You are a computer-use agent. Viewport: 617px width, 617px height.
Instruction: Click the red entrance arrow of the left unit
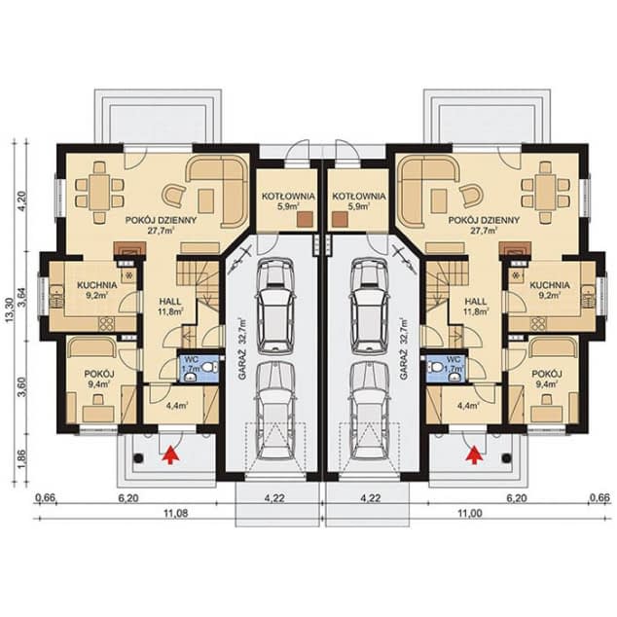[x=170, y=454]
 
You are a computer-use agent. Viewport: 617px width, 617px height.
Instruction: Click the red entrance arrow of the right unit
[x=475, y=454]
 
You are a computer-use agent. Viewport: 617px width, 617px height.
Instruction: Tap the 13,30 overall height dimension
[x=11, y=310]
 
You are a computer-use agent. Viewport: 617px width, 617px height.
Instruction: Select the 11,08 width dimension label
[x=175, y=513]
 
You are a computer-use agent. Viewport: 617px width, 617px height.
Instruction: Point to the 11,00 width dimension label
[x=470, y=513]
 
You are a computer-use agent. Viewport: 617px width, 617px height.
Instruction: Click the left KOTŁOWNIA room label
[x=288, y=196]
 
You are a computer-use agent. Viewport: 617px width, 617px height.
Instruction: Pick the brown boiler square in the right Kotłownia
[x=340, y=220]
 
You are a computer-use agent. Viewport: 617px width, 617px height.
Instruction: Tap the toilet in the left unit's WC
[x=212, y=368]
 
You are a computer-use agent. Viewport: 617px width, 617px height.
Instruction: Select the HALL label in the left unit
[x=170, y=302]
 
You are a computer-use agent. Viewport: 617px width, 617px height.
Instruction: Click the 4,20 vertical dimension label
[x=21, y=200]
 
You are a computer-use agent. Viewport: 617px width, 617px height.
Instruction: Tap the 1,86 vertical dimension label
[x=21, y=458]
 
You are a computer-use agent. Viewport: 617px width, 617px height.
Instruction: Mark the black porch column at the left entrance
[x=138, y=458]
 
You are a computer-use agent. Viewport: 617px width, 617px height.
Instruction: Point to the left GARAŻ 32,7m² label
[x=241, y=348]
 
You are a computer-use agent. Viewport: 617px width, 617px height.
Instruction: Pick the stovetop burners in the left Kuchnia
[x=106, y=323]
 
